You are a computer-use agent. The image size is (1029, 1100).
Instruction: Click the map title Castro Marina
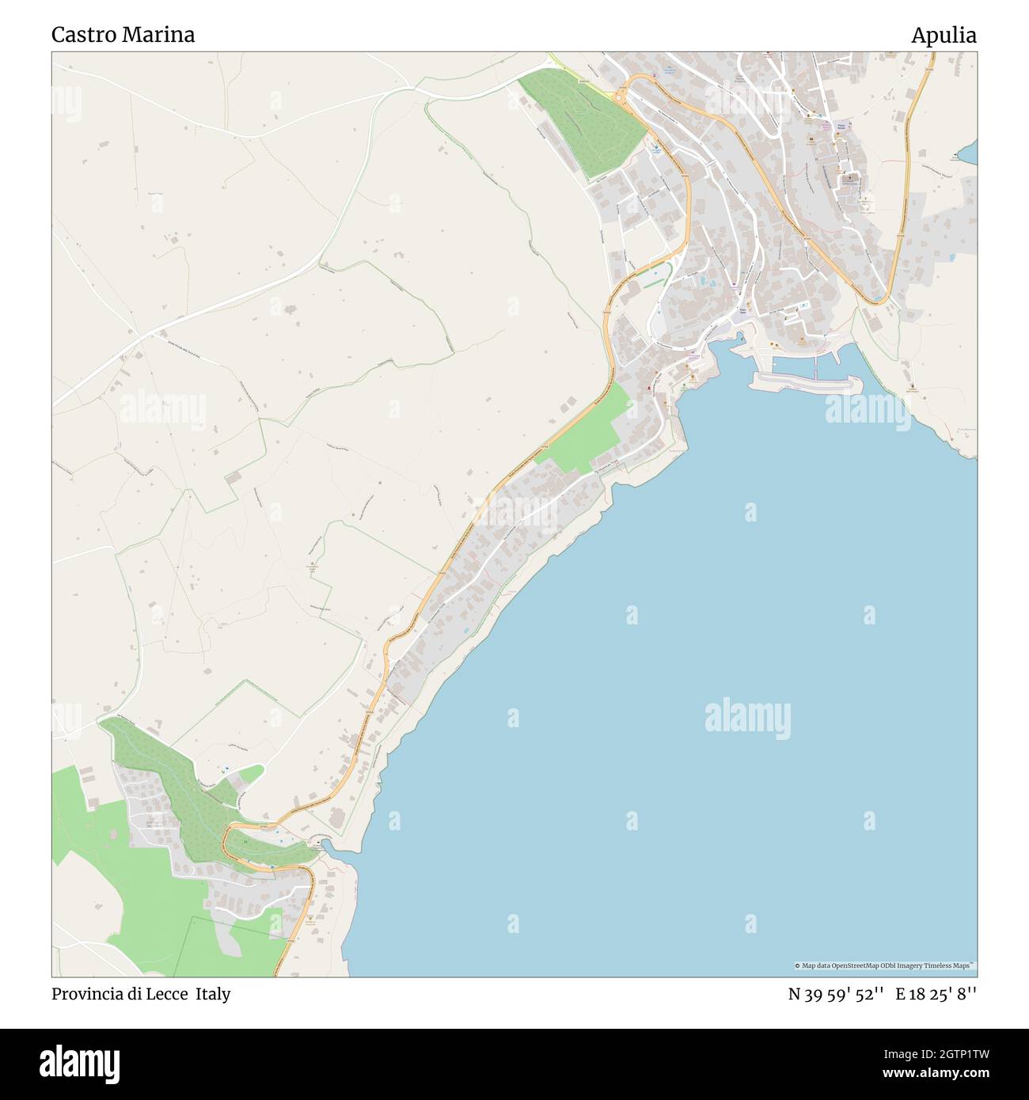tap(123, 35)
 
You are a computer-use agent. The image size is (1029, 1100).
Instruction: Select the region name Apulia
tap(943, 35)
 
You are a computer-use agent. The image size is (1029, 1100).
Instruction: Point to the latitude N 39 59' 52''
tap(835, 994)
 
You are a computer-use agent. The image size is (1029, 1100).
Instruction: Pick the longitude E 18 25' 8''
tap(936, 994)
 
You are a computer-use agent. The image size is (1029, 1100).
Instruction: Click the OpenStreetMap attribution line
tap(885, 965)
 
